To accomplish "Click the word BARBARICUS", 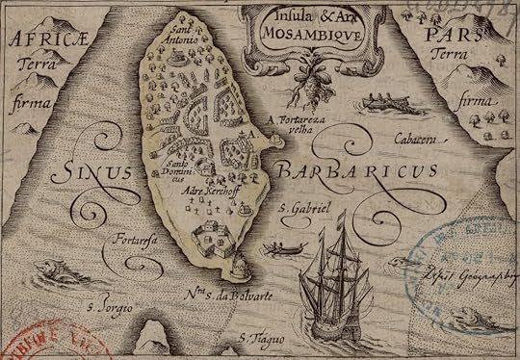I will [x=358, y=171].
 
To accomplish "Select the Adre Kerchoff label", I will [x=210, y=192].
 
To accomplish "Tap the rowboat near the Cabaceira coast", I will [x=383, y=104].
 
